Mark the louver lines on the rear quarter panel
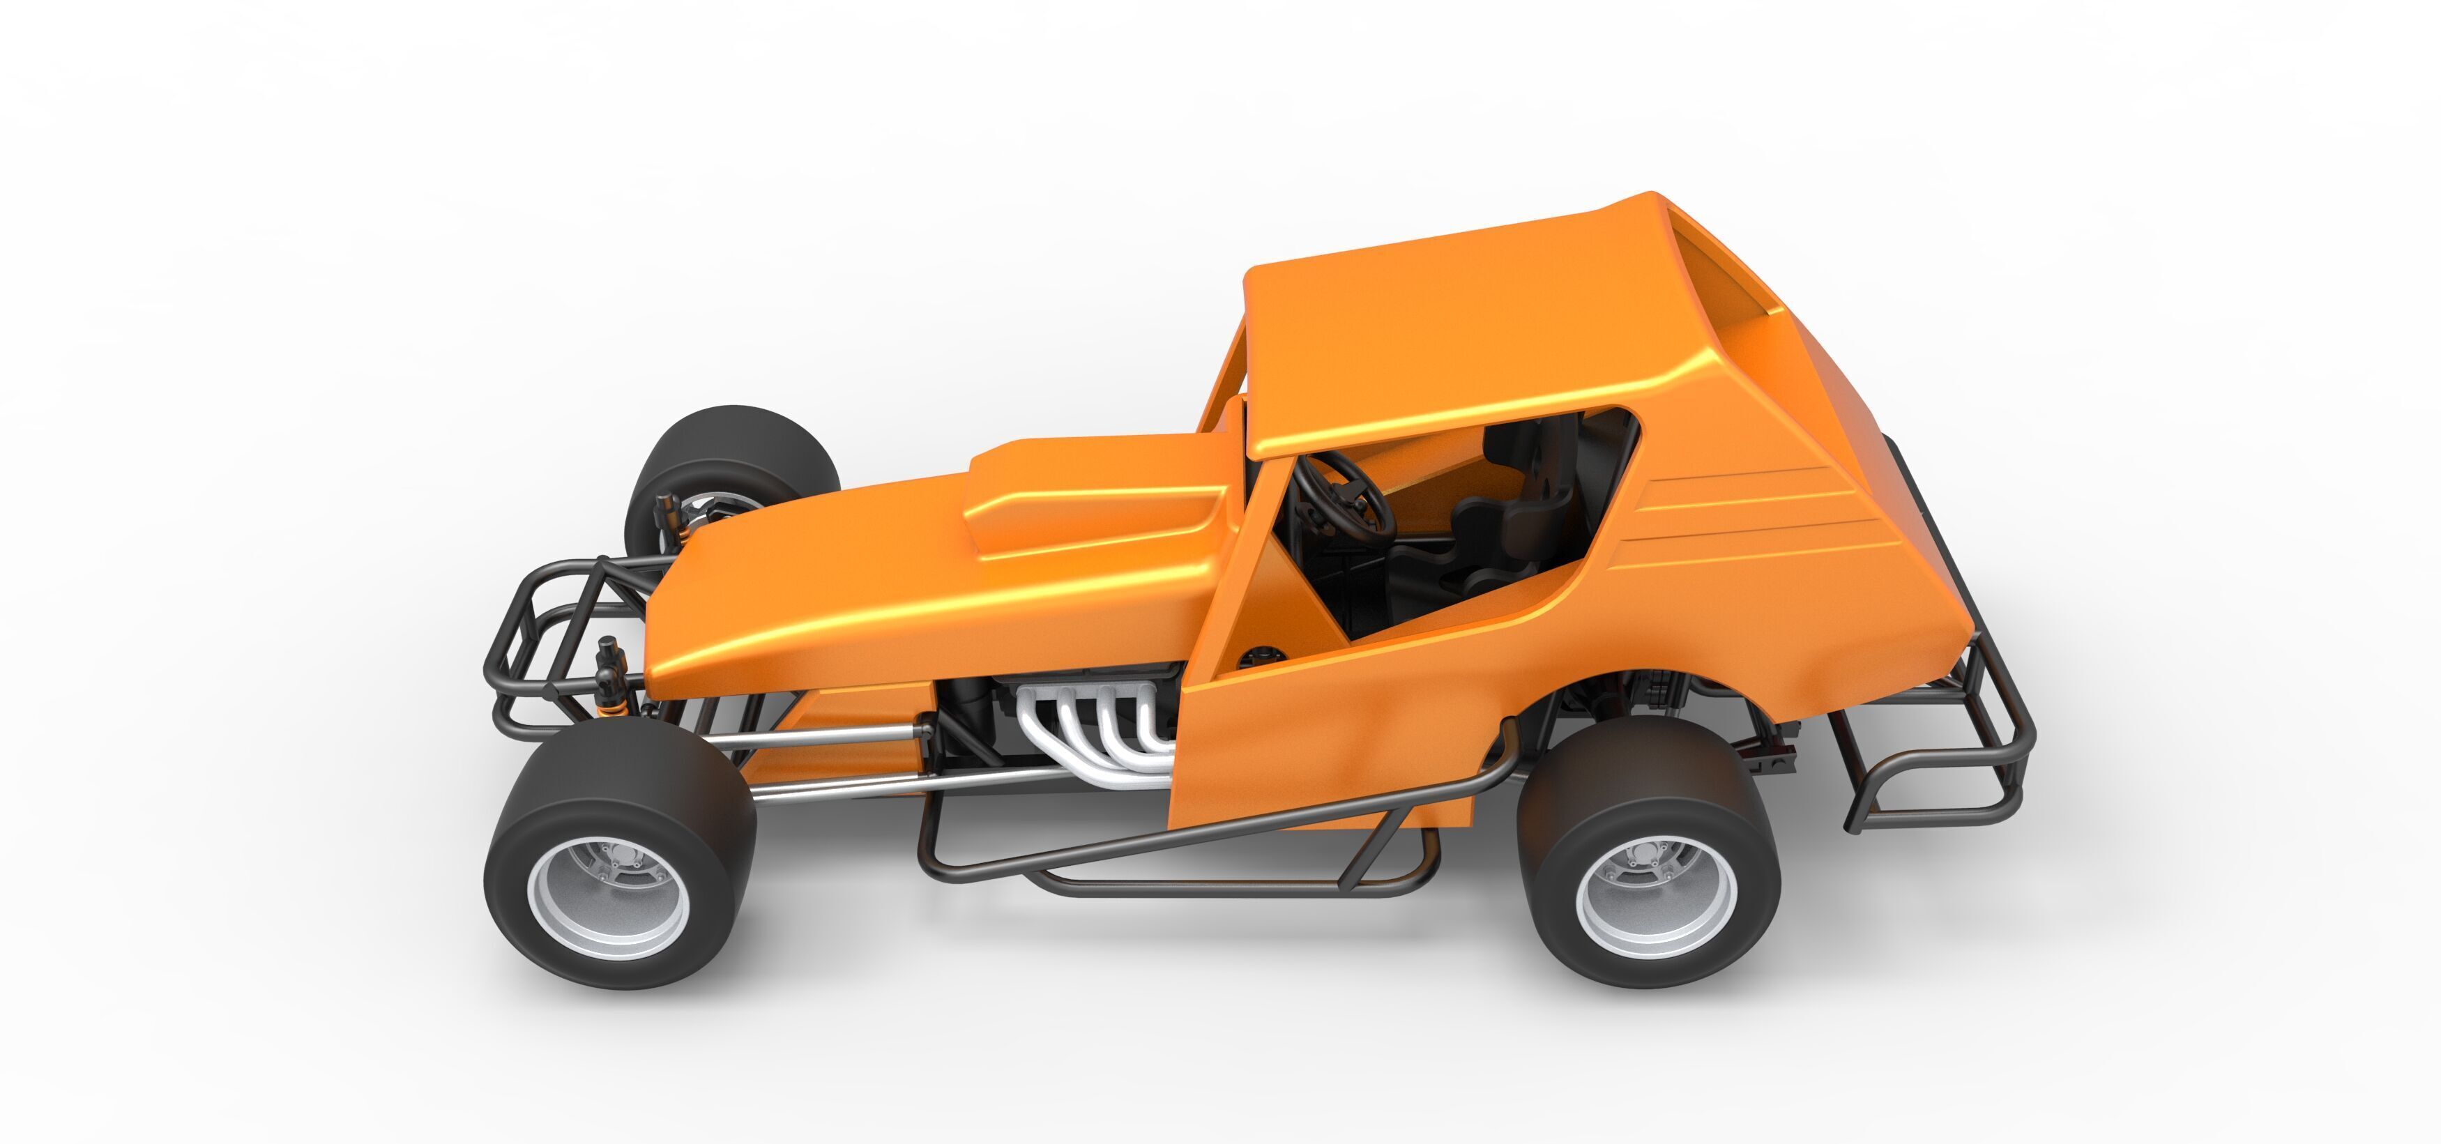coord(1753,517)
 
